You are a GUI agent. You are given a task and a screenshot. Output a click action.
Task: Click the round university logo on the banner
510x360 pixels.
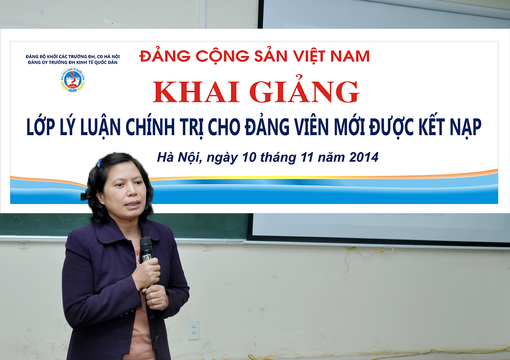click(73, 80)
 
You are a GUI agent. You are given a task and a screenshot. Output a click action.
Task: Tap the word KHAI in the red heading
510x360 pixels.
click(196, 92)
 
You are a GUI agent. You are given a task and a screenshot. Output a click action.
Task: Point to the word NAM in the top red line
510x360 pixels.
click(350, 56)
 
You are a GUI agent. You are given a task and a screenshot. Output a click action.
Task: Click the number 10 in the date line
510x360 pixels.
click(249, 157)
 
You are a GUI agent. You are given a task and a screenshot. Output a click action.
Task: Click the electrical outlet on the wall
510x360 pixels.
click(193, 330)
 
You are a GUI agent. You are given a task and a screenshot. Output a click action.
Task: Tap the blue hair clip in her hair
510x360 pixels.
click(99, 162)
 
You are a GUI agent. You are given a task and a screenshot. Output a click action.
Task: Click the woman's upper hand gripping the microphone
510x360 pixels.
click(147, 272)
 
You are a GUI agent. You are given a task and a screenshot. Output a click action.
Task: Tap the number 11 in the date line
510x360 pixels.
click(307, 157)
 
